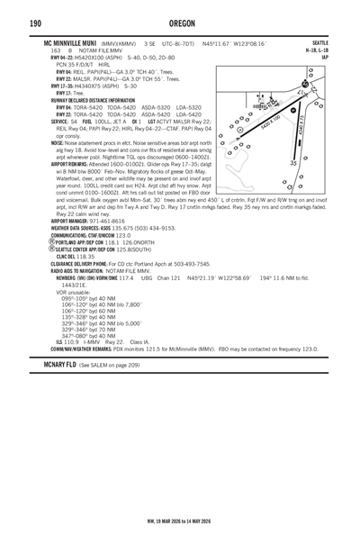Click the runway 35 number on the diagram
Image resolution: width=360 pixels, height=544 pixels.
point(319,164)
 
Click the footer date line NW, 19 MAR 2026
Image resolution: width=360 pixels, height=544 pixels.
point(180,520)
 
